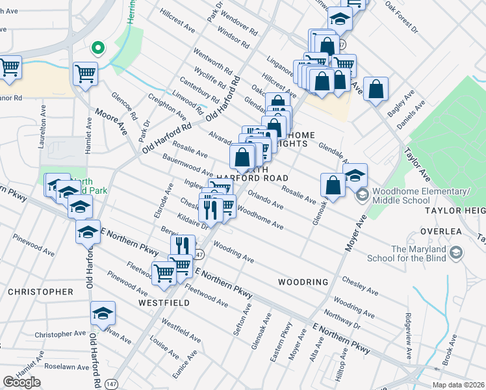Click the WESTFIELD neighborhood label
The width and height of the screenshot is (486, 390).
click(x=163, y=303)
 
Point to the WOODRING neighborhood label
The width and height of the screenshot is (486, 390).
click(x=302, y=282)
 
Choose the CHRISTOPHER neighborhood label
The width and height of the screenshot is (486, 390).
click(x=40, y=292)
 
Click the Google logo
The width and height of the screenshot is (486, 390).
click(x=21, y=382)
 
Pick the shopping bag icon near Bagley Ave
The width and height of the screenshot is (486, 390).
click(x=376, y=89)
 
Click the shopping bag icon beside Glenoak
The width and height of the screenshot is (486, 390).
click(x=333, y=185)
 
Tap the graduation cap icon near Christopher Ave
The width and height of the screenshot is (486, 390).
click(x=103, y=314)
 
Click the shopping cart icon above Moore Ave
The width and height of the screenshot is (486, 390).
click(x=85, y=73)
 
